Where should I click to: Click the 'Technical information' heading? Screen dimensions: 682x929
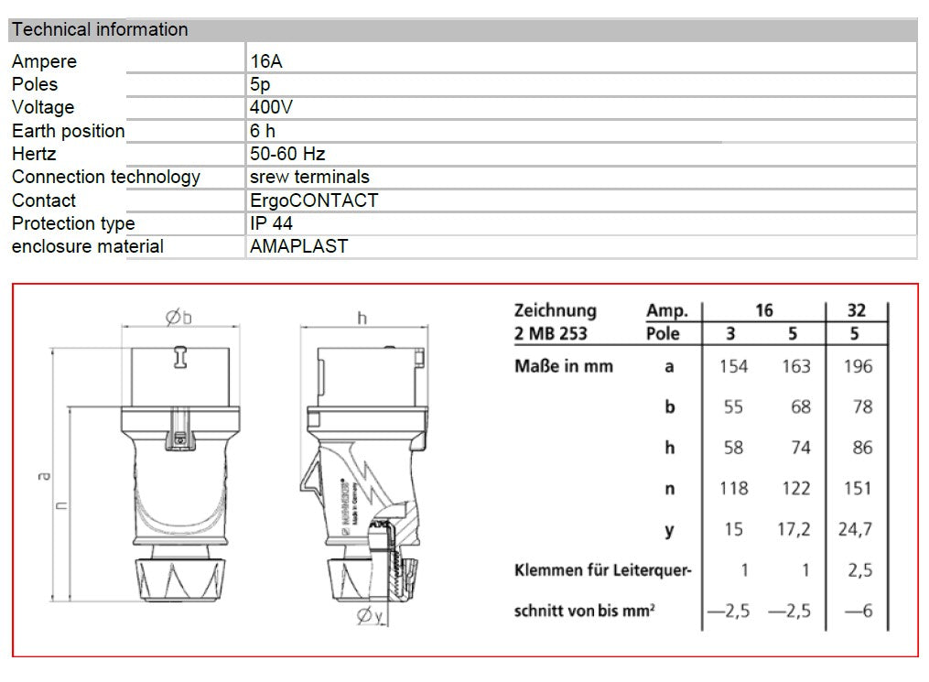pos(100,29)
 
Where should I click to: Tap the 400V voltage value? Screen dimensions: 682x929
pos(271,107)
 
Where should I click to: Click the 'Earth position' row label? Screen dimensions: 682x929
pos(68,131)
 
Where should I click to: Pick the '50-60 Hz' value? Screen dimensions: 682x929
pos(287,154)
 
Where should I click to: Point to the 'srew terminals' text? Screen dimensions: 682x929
pos(309,177)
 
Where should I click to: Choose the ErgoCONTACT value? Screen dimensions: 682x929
pos(313,200)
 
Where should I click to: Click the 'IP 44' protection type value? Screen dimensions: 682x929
pos(272,223)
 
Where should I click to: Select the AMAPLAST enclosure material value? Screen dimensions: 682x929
pos(298,246)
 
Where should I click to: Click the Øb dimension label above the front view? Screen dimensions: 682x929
pos(178,318)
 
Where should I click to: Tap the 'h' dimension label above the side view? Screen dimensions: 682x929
pos(362,318)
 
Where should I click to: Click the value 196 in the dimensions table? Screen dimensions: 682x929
pos(858,366)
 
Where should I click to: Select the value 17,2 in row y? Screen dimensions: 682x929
pos(794,530)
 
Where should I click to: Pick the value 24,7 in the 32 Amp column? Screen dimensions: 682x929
pos(856,530)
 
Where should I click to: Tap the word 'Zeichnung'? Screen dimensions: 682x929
pos(555,310)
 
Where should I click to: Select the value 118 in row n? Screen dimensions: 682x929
pos(732,489)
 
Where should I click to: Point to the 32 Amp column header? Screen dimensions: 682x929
pos(856,310)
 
